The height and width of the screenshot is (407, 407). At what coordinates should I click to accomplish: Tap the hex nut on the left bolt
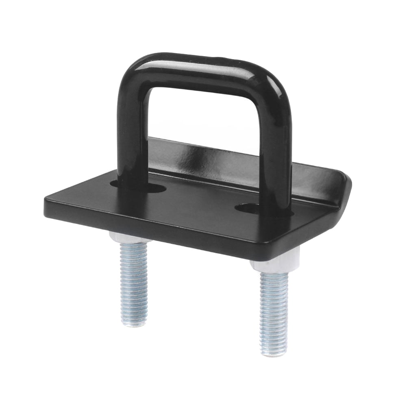pos(129,238)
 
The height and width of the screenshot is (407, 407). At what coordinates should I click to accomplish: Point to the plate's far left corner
pos(46,201)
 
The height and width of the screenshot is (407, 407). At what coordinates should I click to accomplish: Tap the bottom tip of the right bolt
pos(274,353)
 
